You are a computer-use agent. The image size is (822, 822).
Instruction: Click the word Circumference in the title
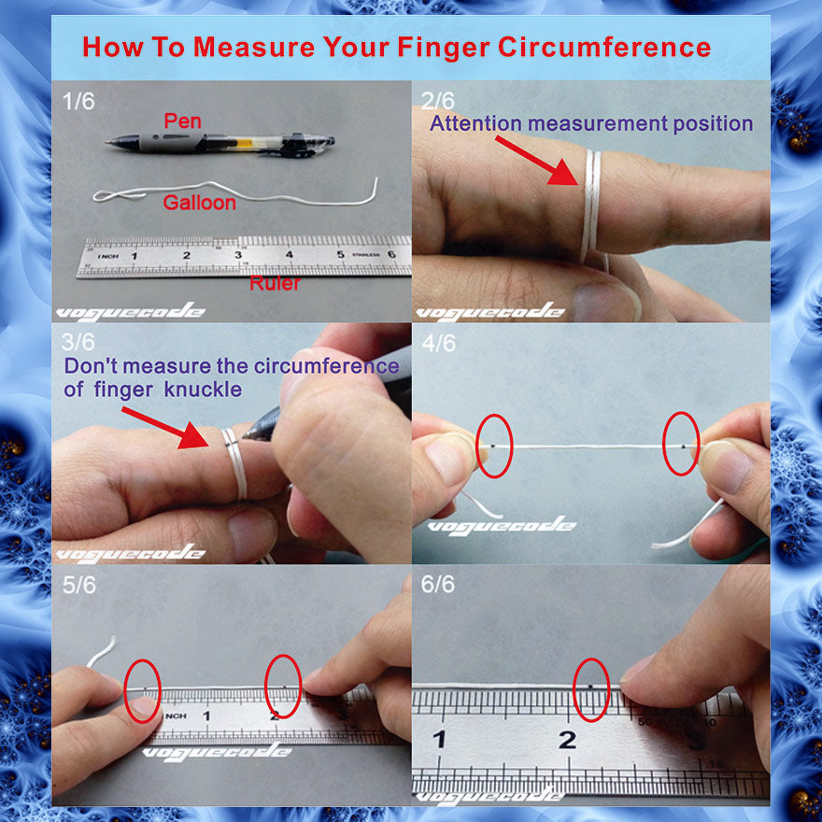[604, 47]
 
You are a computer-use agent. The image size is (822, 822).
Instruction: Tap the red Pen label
[182, 121]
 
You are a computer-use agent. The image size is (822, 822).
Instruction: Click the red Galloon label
[199, 203]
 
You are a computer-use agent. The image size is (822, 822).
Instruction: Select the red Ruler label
[275, 283]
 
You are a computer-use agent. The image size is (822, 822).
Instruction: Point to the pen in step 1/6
[220, 143]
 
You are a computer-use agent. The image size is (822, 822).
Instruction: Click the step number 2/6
[438, 101]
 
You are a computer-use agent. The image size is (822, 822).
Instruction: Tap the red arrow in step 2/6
[536, 160]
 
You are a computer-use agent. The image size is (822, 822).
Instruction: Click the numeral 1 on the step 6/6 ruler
[439, 739]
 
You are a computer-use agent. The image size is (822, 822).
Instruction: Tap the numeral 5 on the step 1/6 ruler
[340, 254]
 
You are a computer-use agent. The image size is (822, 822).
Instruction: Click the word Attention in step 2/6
[475, 123]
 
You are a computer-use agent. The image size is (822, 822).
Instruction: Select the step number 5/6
[79, 585]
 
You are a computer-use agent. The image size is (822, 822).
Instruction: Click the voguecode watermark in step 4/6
[502, 525]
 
